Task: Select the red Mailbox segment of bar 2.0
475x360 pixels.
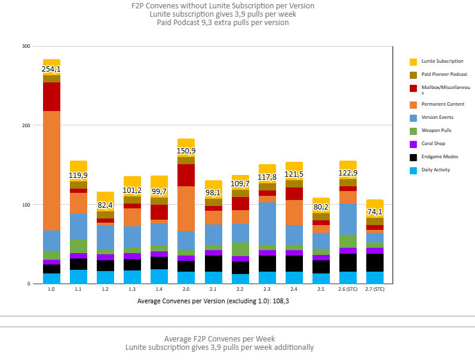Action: coord(186,175)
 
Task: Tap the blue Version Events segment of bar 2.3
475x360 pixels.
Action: coord(267,223)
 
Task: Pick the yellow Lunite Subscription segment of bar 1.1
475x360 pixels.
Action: coord(78,167)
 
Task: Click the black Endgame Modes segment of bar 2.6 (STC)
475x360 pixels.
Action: coord(348,263)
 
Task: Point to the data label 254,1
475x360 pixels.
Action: coord(51,69)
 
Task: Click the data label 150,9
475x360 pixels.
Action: coord(186,151)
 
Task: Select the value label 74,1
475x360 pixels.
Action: coord(375,212)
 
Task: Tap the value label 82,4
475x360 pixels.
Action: coord(105,205)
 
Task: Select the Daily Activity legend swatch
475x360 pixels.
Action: coord(413,170)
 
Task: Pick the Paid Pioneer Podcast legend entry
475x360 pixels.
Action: coord(448,75)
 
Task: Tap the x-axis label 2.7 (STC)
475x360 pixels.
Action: coord(375,290)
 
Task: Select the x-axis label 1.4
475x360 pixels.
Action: coord(159,290)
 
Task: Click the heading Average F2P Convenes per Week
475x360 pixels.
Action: coord(219,339)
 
